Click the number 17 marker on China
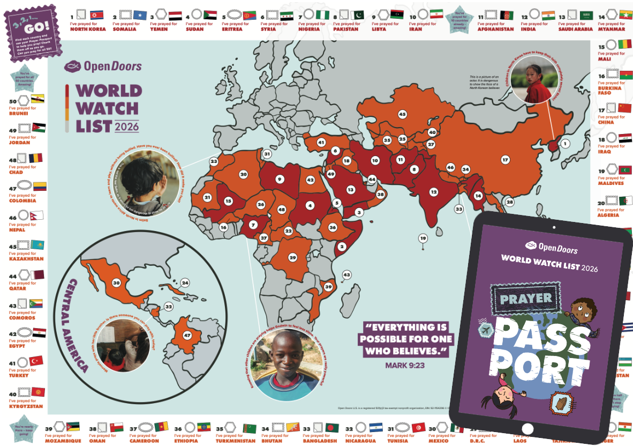click(504, 159)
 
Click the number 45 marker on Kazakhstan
click(402, 114)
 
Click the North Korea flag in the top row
click(96, 15)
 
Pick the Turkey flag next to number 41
click(36, 360)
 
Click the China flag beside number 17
click(624, 108)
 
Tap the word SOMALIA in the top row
click(124, 29)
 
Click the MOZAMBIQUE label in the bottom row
click(63, 441)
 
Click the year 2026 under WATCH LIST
click(126, 127)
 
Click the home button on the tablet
click(527, 428)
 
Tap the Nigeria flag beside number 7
click(324, 15)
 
